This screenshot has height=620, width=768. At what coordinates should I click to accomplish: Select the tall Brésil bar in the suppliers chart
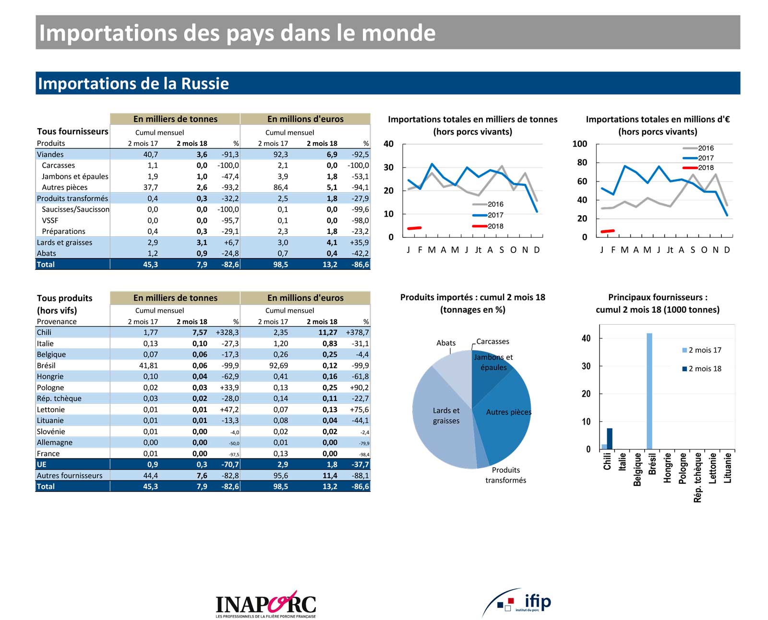[x=649, y=391]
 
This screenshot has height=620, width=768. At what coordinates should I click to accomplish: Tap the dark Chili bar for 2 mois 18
[x=610, y=438]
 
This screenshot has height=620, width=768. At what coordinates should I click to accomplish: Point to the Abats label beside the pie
[x=446, y=343]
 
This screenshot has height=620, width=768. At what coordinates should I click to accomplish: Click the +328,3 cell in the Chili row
[x=227, y=332]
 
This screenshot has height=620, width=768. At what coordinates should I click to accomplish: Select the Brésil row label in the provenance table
[x=46, y=365]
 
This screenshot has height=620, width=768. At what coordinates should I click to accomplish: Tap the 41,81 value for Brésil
[x=148, y=365]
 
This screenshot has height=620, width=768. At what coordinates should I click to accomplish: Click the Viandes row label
[x=50, y=154]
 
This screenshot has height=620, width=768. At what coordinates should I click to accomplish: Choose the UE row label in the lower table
[x=42, y=464]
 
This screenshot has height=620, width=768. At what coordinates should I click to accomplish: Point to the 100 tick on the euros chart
[x=580, y=144]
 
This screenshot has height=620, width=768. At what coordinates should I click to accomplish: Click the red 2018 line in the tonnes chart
[x=414, y=228]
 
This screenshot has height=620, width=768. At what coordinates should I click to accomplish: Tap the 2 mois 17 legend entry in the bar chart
[x=705, y=350]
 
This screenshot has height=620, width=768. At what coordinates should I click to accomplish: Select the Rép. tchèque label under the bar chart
[x=698, y=478]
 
